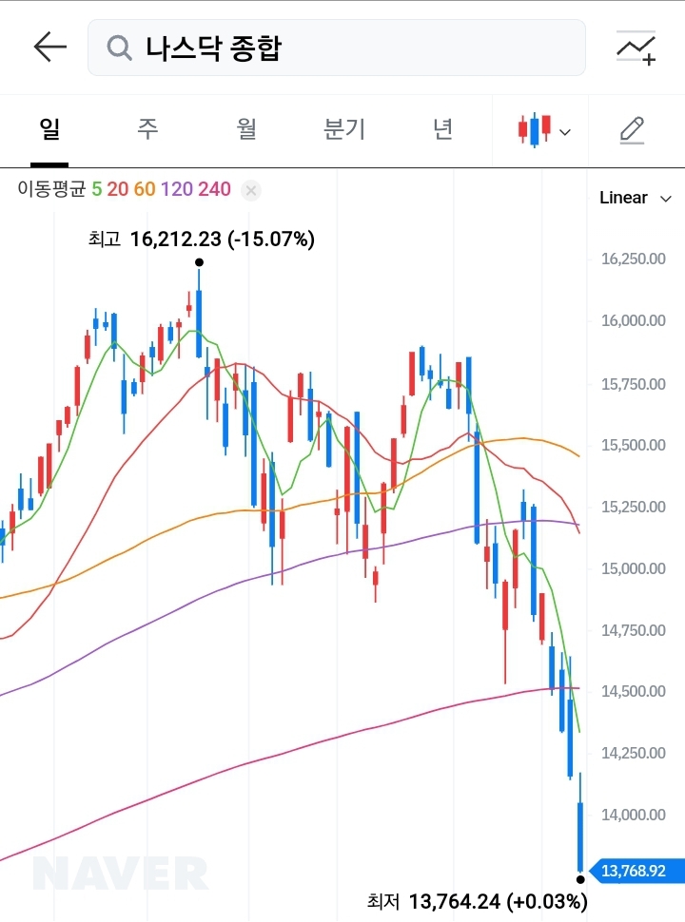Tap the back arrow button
[49, 47]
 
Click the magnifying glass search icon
[119, 47]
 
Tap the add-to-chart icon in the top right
[636, 48]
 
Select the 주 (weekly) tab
[147, 129]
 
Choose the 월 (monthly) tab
[246, 129]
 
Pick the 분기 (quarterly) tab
[344, 129]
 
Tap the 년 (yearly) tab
[442, 129]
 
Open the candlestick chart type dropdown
[543, 130]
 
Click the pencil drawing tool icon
[632, 129]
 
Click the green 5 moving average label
[96, 189]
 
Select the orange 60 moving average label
[144, 189]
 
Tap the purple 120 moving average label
[177, 189]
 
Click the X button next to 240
[250, 190]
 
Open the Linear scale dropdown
[635, 198]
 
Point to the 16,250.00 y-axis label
[633, 259]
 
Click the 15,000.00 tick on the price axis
[633, 568]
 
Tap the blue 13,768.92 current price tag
[632, 870]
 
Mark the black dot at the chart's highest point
[199, 262]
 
